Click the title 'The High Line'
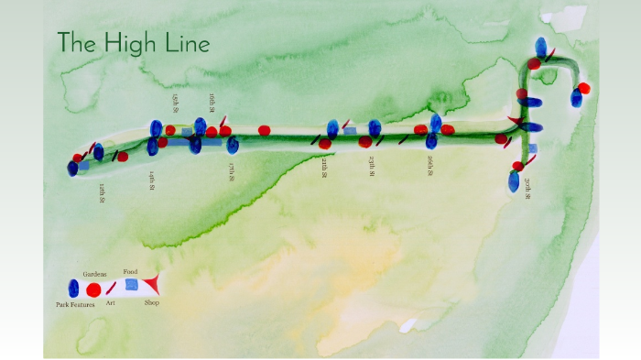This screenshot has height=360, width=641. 134,43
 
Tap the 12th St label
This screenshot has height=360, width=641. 103,193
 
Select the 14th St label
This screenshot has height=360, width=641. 151,179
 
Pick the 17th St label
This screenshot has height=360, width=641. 232,171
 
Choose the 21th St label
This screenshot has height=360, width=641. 324,169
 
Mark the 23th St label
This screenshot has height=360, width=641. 372,168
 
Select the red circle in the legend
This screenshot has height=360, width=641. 93,289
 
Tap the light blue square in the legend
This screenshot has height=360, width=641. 132,285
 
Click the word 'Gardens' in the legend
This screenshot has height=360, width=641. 95,274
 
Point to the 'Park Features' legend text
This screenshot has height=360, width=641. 74,303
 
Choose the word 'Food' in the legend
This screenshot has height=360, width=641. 130,272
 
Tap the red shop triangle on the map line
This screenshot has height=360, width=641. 516,122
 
